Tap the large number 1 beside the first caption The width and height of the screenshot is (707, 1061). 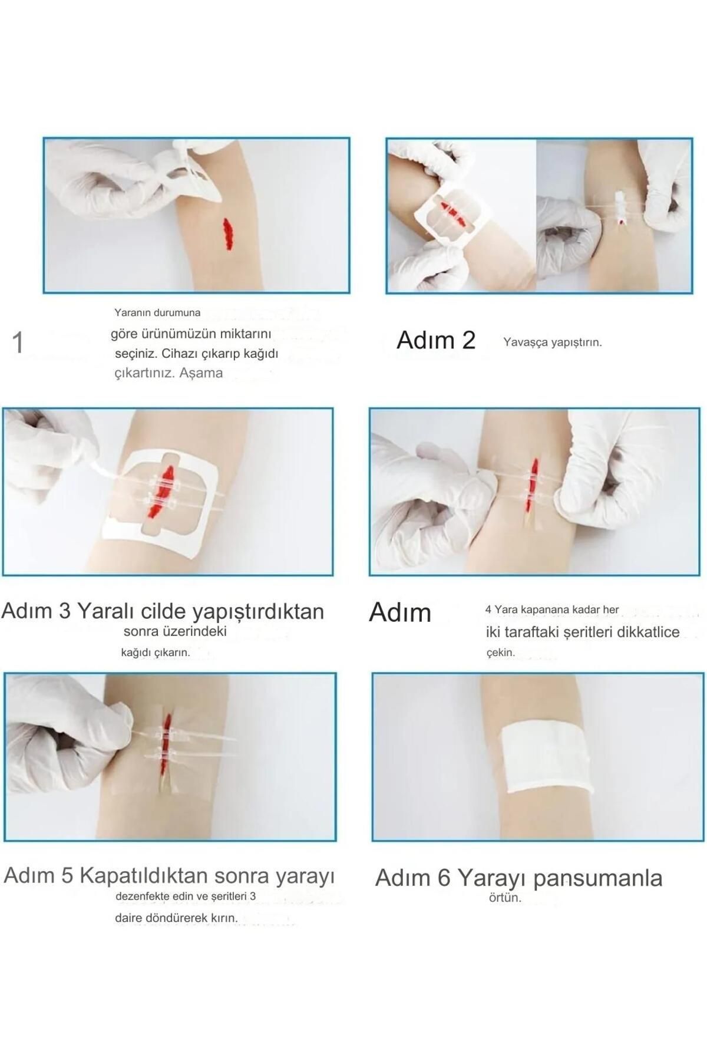pyautogui.click(x=18, y=342)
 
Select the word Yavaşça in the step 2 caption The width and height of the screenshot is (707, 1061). pyautogui.click(x=526, y=342)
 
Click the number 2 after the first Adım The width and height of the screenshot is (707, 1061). pyautogui.click(x=468, y=340)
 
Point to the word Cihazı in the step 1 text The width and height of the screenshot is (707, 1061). pyautogui.click(x=181, y=354)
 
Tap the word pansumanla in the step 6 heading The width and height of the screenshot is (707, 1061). pyautogui.click(x=597, y=878)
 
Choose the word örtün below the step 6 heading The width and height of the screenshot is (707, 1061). pyautogui.click(x=505, y=898)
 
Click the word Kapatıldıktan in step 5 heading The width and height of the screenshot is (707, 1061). pyautogui.click(x=144, y=875)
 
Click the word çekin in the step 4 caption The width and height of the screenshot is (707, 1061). pyautogui.click(x=500, y=653)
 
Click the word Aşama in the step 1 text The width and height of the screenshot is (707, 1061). pyautogui.click(x=201, y=373)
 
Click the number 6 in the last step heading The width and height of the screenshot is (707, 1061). pyautogui.click(x=444, y=878)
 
